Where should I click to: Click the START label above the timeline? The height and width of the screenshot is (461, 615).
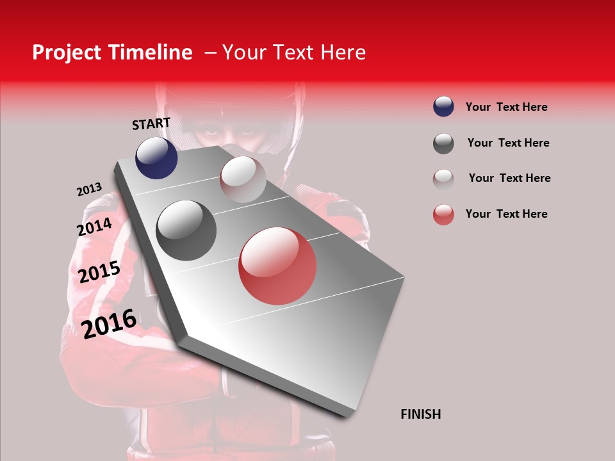coord(151,124)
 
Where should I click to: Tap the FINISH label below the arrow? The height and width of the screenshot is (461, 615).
coord(420,414)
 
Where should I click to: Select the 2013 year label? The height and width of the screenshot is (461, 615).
coord(89,190)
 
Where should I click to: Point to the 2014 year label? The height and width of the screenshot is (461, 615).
coord(94,227)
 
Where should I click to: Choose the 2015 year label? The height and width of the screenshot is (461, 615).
coord(99,272)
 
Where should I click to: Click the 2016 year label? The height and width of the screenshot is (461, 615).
coord(109,323)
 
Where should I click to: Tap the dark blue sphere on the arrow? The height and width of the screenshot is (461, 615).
coord(156,158)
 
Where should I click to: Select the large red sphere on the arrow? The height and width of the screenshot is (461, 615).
coord(277,266)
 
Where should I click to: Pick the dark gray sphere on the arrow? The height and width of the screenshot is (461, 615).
coord(186,230)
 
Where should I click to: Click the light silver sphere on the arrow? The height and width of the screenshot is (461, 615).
coord(243,179)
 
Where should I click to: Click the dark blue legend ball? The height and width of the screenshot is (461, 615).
coord(443,106)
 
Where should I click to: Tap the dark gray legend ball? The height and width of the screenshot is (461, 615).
coord(443,143)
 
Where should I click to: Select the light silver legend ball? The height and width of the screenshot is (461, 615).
coord(443,179)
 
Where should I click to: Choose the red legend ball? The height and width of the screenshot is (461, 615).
coord(443,214)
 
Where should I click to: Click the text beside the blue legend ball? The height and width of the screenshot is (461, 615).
coord(506,107)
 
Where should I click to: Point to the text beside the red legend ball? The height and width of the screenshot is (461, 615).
coord(506,214)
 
